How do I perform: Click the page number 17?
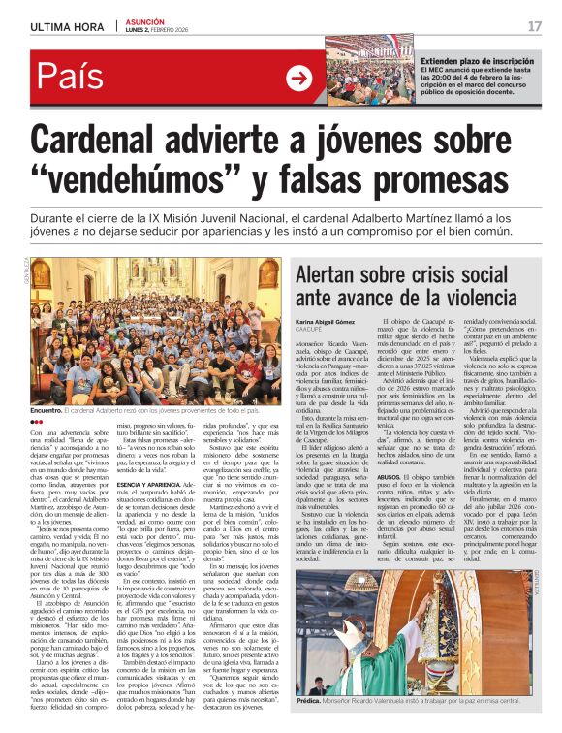535,26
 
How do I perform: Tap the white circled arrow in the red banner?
298,80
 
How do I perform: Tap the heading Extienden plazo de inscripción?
475,60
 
